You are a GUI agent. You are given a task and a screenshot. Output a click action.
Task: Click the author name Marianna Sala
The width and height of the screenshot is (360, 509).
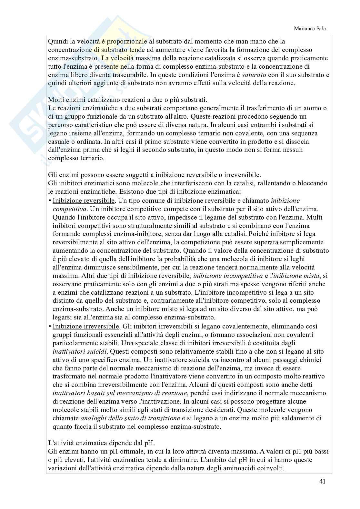click(x=310, y=29)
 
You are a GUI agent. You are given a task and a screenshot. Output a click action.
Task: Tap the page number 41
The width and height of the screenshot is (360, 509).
click(x=322, y=482)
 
